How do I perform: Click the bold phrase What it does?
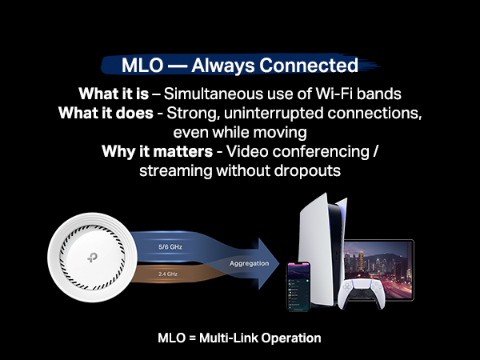tap(104, 112)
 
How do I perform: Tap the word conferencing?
tap(312, 150)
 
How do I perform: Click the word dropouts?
tap(310, 170)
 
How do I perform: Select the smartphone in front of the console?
tap(302, 285)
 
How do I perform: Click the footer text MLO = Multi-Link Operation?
tap(240, 338)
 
